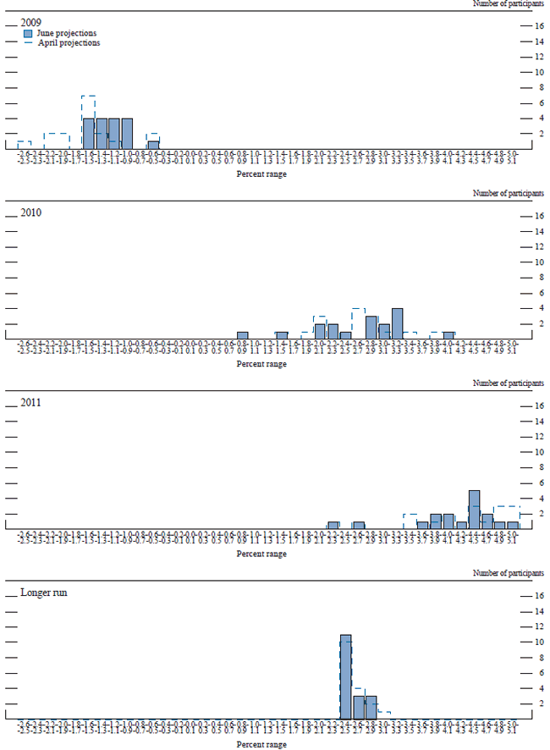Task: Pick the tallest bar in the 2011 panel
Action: click(x=474, y=509)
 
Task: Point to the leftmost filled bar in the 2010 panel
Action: click(x=242, y=335)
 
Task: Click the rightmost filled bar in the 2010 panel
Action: click(x=448, y=335)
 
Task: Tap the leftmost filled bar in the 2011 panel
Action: click(x=333, y=525)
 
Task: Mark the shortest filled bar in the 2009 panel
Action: click(x=153, y=145)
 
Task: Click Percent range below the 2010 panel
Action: click(x=262, y=364)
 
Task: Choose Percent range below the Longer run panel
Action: click(x=262, y=744)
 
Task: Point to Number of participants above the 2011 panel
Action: click(x=509, y=384)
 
